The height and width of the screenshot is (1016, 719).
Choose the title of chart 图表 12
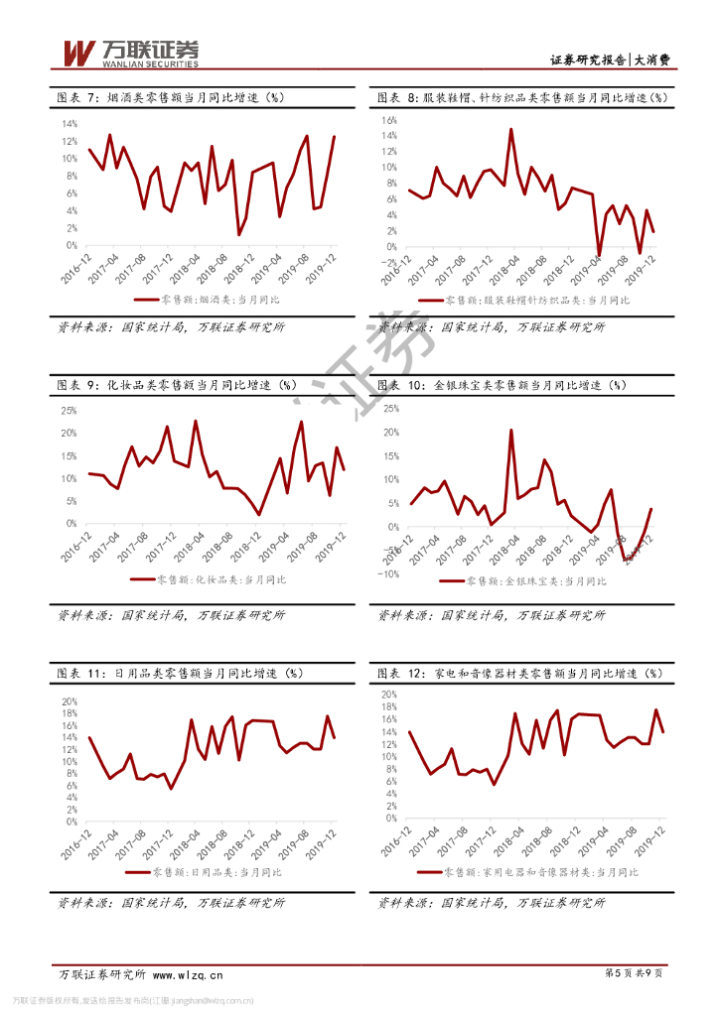pos(518,673)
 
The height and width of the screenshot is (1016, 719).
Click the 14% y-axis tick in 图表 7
pos(70,124)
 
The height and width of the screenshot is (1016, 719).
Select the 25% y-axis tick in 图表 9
pos(70,410)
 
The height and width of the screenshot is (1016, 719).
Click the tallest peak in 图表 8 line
pos(511,129)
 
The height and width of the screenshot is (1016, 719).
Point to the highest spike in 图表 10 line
pos(511,431)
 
